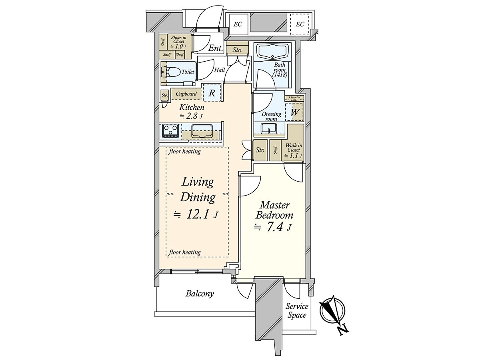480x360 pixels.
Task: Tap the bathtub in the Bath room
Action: (272, 52)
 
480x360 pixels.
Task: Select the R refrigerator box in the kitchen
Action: (212, 93)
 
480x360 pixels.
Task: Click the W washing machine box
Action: (294, 112)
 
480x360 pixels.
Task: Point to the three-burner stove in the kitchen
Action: (171, 131)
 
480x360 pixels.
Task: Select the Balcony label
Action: (200, 294)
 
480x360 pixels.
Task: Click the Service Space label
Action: (297, 311)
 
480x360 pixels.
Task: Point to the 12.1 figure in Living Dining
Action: (198, 215)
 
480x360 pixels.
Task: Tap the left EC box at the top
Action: (238, 24)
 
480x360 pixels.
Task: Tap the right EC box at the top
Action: (300, 24)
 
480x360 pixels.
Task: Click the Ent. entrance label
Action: (216, 48)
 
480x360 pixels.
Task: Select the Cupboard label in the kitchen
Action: (186, 94)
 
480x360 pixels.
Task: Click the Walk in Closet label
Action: (294, 150)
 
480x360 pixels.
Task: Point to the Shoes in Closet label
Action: (179, 41)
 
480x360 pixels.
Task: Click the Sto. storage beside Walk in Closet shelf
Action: (261, 150)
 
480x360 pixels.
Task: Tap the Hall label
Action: (220, 70)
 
